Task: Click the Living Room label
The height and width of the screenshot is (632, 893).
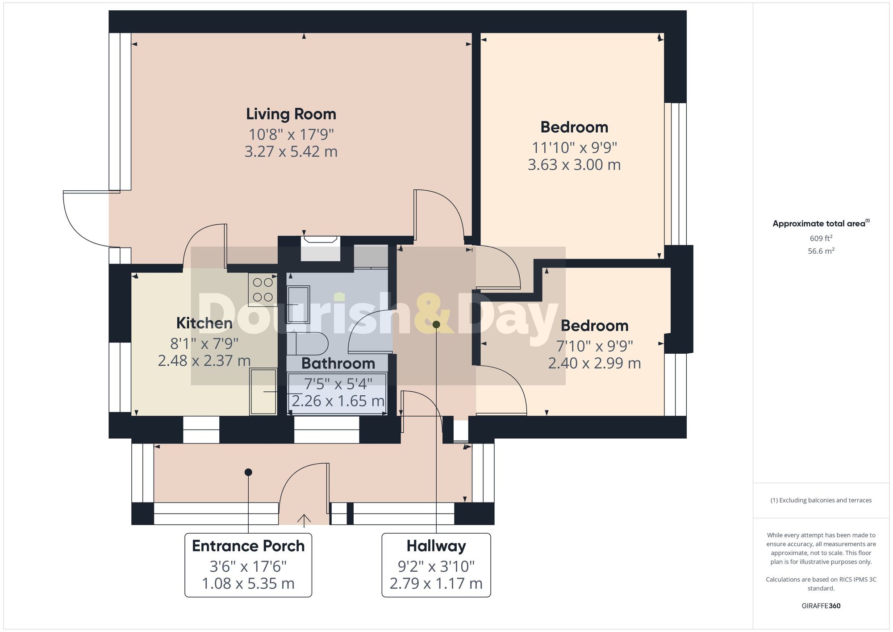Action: [x=291, y=114]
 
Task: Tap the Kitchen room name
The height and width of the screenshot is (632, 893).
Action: [x=204, y=323]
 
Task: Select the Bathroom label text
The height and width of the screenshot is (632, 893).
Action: [x=338, y=364]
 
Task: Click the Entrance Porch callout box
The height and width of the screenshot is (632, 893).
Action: [x=248, y=565]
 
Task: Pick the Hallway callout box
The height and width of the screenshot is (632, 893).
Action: [x=436, y=565]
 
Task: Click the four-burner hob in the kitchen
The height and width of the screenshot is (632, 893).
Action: [x=263, y=289]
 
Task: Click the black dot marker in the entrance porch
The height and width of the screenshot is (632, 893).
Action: [x=248, y=472]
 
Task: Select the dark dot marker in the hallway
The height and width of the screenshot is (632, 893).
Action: [x=436, y=324]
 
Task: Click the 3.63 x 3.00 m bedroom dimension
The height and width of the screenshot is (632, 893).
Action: [x=574, y=165]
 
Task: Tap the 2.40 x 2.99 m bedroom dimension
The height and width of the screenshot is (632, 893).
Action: [x=594, y=363]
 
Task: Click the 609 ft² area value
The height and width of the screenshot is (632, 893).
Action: [x=821, y=238]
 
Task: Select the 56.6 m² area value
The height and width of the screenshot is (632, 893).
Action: [x=821, y=251]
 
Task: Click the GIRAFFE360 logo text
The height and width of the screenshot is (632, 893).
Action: [x=821, y=606]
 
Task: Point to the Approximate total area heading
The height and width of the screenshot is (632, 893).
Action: [x=821, y=223]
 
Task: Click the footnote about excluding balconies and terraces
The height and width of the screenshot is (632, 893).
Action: [x=821, y=500]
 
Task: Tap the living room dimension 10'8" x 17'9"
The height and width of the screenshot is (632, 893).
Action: [x=291, y=134]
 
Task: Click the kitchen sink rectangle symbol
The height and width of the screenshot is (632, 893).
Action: [x=263, y=392]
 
